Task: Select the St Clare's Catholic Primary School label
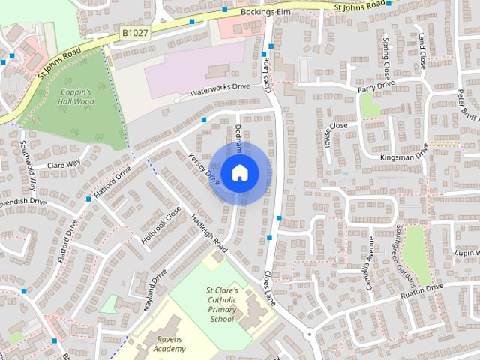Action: (x=222, y=304)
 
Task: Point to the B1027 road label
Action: (x=133, y=32)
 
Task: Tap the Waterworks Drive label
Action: (x=220, y=88)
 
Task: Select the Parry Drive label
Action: (x=375, y=88)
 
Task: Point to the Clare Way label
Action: (x=63, y=164)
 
